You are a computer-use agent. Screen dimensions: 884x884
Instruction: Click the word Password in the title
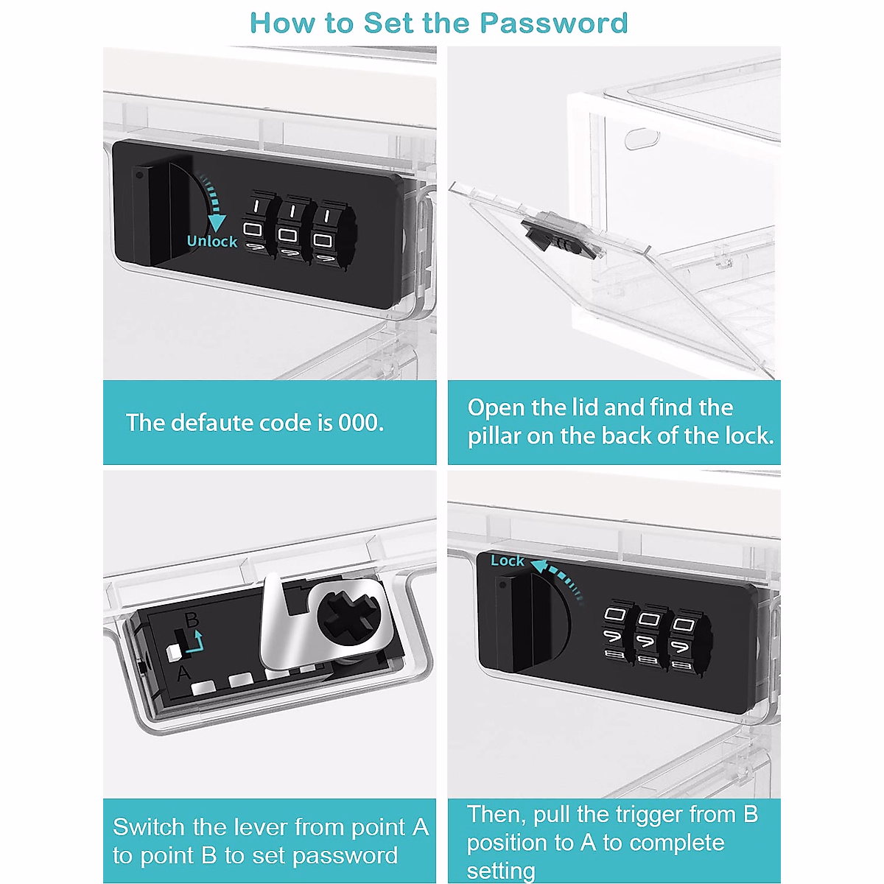(554, 23)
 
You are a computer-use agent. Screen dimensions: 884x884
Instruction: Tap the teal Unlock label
(212, 242)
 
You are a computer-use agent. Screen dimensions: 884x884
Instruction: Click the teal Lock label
(507, 561)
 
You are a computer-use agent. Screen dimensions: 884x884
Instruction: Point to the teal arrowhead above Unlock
(216, 223)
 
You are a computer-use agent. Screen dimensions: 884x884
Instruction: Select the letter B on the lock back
(192, 621)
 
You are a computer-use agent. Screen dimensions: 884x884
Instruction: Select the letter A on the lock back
(183, 674)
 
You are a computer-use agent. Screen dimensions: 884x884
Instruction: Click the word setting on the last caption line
(501, 870)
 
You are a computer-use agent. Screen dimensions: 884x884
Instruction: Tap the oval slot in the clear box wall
(642, 139)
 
